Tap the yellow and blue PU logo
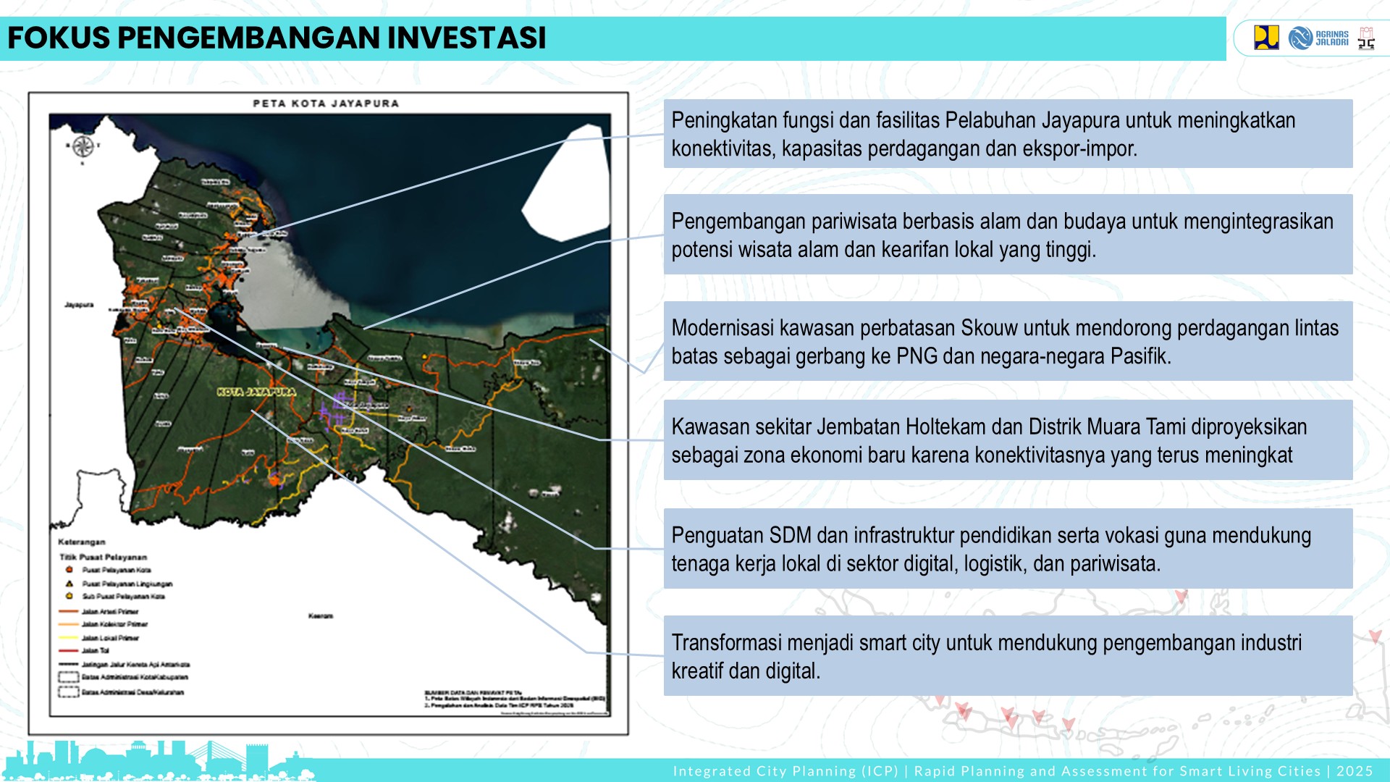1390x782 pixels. click(x=1266, y=38)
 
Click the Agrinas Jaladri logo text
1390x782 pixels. click(x=1331, y=38)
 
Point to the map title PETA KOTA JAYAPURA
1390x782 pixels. click(x=326, y=104)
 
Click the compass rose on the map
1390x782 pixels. click(x=82, y=147)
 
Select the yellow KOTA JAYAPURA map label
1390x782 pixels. click(x=256, y=392)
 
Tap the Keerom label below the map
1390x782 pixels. click(x=320, y=616)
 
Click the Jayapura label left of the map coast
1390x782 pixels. click(x=79, y=305)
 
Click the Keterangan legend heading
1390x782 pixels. click(x=81, y=542)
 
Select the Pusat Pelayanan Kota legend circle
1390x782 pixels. click(x=69, y=570)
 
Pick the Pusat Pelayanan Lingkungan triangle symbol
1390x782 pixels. click(x=69, y=583)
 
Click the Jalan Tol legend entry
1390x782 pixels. click(x=95, y=650)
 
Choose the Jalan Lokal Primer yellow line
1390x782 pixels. click(x=69, y=638)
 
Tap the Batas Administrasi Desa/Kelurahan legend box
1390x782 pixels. click(x=69, y=691)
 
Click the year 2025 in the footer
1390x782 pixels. click(x=1355, y=771)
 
